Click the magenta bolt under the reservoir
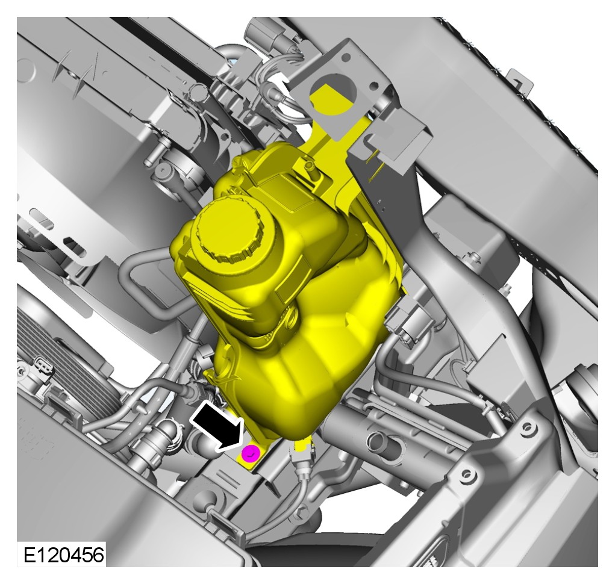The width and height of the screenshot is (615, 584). tap(251, 453)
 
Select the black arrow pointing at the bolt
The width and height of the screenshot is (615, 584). tap(217, 427)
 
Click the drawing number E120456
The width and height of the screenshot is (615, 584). tap(64, 554)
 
